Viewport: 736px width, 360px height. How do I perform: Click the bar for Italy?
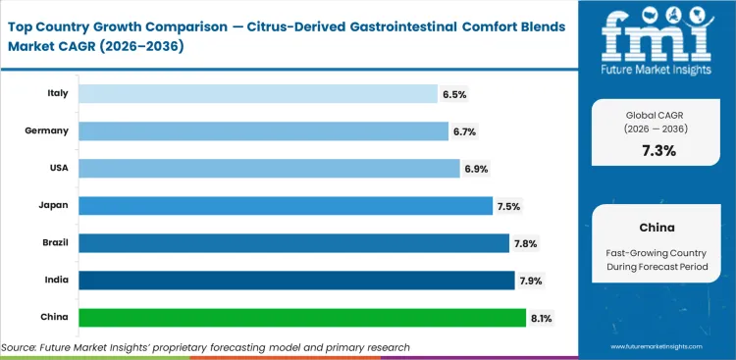point(258,94)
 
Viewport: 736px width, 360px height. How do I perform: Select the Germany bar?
point(263,131)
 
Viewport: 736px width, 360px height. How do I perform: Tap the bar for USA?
point(269,169)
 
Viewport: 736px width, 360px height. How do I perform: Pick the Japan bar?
point(285,206)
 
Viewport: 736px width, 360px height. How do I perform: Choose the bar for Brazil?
point(292,243)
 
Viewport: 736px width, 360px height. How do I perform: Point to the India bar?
point(296,281)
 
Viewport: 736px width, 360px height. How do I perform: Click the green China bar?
point(301,318)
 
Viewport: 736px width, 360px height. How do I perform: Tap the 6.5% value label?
point(454,94)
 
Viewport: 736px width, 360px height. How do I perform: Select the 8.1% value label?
point(542,318)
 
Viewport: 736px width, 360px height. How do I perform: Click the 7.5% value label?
point(508,206)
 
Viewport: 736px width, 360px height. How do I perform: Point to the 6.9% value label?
point(476,169)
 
